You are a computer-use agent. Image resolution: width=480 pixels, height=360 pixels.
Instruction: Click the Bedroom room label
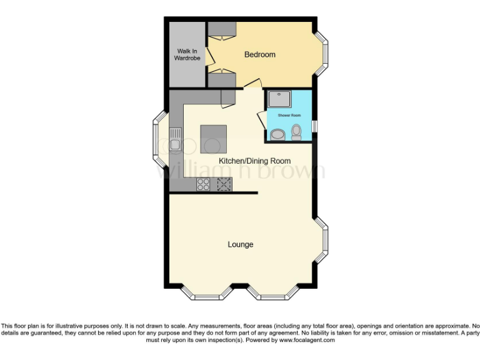259,55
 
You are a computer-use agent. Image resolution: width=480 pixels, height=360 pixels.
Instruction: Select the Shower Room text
289,116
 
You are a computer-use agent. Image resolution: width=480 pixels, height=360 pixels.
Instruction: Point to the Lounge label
241,244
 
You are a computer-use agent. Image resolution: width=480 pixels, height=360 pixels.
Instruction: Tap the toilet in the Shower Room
296,131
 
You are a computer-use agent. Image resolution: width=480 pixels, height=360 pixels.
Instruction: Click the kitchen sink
175,138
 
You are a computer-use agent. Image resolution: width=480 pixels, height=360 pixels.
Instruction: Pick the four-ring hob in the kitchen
204,184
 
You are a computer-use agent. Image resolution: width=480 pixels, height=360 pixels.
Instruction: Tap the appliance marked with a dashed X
224,184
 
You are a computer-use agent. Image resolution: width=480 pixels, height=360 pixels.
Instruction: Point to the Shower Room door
261,120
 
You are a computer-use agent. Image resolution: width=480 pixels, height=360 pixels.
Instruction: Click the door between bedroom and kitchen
252,84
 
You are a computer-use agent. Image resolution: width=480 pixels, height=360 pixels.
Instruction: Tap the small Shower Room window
314,124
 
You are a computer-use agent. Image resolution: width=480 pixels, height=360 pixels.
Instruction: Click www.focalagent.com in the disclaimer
307,341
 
